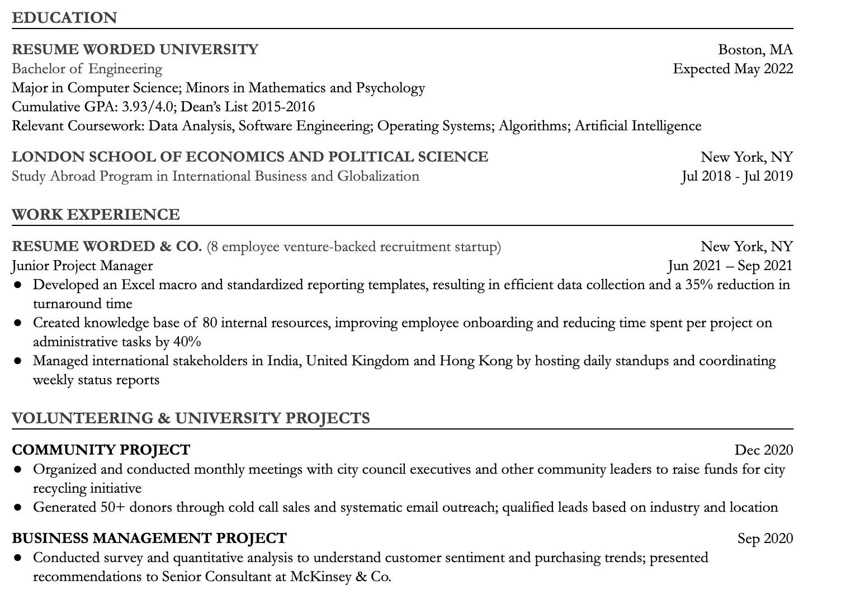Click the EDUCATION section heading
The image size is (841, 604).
tap(64, 18)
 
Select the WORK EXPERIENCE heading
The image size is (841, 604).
tap(96, 215)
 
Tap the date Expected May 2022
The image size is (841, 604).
tap(733, 69)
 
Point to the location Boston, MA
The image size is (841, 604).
tap(755, 50)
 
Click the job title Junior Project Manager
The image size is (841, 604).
tap(82, 266)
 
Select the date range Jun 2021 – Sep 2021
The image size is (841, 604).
tap(730, 266)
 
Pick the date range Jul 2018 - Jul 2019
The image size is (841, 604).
tap(736, 176)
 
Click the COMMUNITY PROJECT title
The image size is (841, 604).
tap(101, 450)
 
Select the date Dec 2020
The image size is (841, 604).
tap(763, 450)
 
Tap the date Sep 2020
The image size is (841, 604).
tap(764, 539)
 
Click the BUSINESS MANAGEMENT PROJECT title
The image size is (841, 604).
tap(149, 538)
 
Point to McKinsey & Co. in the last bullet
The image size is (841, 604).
tap(341, 577)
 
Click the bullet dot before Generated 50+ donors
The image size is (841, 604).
tap(18, 508)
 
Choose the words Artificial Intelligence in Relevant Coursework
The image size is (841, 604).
tap(637, 126)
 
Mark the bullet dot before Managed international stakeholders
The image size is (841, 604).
tap(18, 361)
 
